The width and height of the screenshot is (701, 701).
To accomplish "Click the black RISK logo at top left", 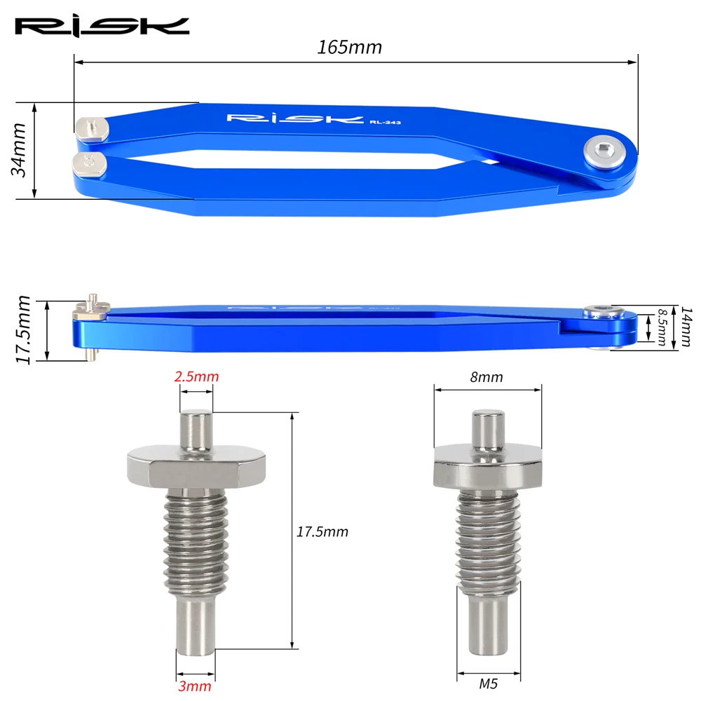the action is tap(102, 27).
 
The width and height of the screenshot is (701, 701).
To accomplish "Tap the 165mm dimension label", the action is tap(349, 47).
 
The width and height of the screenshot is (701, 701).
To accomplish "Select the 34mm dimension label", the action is tap(19, 150).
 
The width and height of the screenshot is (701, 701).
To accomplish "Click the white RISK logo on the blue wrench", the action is tap(295, 118).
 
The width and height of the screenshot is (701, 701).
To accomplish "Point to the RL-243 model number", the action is tap(385, 122).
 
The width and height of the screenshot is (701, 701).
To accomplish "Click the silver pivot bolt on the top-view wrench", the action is tap(605, 152).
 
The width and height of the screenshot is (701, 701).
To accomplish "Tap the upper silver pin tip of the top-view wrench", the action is tap(92, 129).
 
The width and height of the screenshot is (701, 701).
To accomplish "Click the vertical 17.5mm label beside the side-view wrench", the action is tap(23, 329).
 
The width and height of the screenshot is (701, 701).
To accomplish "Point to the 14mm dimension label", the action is tap(686, 327).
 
